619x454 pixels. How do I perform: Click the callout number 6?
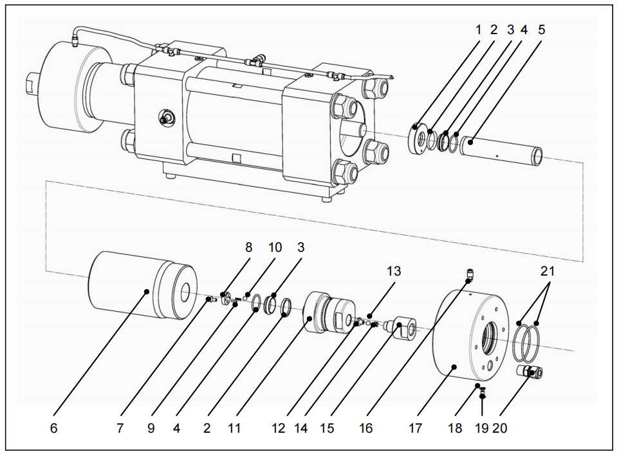53,428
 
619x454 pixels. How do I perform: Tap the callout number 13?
393,271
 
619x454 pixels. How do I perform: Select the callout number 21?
547,271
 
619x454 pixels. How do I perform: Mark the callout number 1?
478,30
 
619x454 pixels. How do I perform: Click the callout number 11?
234,428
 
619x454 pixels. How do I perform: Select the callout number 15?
327,428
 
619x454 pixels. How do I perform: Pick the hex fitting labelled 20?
531,372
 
